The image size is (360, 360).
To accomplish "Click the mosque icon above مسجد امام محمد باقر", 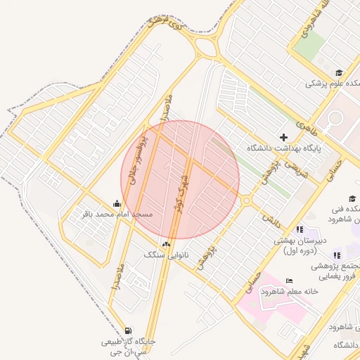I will (115, 203).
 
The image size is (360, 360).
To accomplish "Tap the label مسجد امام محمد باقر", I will (124, 213).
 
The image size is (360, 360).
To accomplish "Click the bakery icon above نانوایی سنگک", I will (166, 243).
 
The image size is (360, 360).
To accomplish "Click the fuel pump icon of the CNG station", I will (127, 330).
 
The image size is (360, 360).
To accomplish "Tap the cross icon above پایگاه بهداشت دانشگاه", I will (284, 137).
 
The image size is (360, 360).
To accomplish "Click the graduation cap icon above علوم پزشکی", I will (338, 72).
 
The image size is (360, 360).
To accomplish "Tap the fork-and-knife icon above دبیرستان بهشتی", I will (300, 229).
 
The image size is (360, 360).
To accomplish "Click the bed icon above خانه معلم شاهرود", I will (290, 281).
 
